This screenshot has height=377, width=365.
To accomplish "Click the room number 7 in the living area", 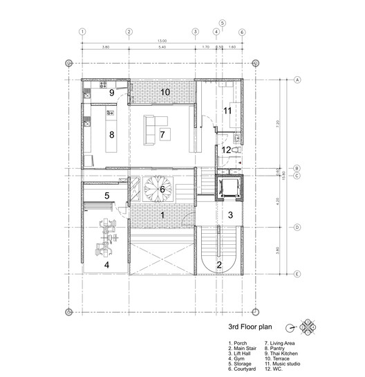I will tap(162, 134).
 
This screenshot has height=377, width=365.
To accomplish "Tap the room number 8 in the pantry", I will tap(110, 135).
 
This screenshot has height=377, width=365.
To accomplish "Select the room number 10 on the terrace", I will tap(165, 92).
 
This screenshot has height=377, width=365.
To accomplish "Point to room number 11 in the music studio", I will tap(227, 111).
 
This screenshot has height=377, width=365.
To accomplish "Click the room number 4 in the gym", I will tap(106, 264).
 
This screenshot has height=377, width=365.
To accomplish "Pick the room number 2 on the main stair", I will tap(220, 264).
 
